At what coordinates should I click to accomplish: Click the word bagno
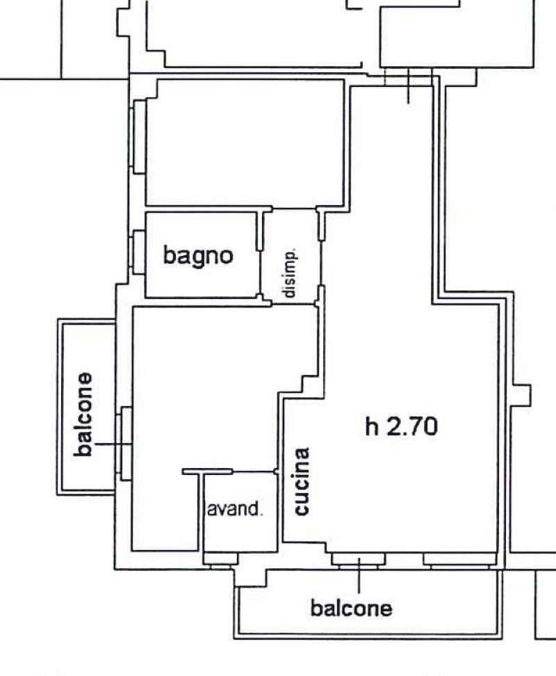tap(198, 257)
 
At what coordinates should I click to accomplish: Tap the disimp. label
tap(289, 273)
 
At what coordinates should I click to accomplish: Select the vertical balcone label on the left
tap(83, 414)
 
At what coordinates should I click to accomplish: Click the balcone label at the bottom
tap(352, 609)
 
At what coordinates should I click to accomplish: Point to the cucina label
tap(302, 481)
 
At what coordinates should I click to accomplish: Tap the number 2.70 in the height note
tap(412, 426)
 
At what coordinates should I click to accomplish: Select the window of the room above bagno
tap(138, 137)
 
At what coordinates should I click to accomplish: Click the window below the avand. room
tap(220, 560)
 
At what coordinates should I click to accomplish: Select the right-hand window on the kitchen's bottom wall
tap(460, 560)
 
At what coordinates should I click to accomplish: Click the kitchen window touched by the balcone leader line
tap(359, 560)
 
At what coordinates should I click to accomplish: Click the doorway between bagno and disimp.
tap(261, 273)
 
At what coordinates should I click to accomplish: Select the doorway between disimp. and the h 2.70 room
tap(321, 263)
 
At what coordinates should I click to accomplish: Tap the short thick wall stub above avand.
tap(208, 472)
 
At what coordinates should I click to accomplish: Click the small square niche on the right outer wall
tap(522, 395)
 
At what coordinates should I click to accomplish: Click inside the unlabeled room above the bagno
tap(245, 143)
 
